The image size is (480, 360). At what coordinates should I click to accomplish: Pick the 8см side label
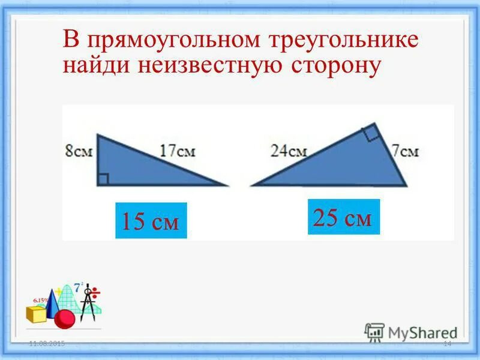pyautogui.click(x=79, y=151)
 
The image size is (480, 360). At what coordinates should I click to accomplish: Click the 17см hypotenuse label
pyautogui.click(x=178, y=151)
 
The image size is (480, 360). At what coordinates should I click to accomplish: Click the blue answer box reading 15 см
pyautogui.click(x=151, y=221)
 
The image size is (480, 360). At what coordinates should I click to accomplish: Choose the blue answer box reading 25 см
pyautogui.click(x=344, y=217)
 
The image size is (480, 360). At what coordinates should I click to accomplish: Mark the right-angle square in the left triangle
pyautogui.click(x=103, y=179)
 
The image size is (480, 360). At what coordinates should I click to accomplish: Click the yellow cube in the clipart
pyautogui.click(x=35, y=313)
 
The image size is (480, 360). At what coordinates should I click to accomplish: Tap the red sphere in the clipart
pyautogui.click(x=64, y=319)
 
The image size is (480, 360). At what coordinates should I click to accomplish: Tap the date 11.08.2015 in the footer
pyautogui.click(x=47, y=343)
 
